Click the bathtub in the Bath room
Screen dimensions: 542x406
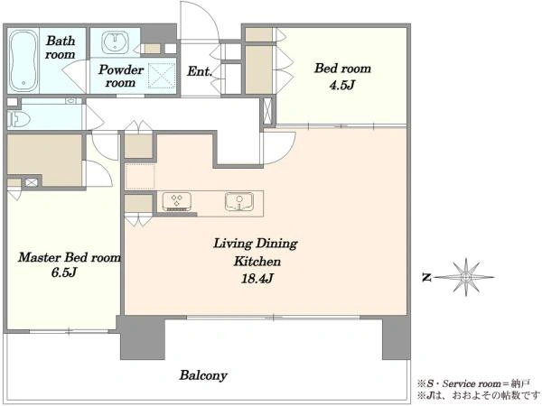point(23,61)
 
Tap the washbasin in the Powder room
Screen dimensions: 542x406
point(115,42)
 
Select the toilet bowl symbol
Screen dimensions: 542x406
point(19,119)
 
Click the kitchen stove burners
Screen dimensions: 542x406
point(177,201)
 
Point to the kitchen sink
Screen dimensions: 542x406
point(239,201)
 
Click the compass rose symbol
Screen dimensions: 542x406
point(466,277)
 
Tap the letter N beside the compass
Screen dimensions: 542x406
point(427,277)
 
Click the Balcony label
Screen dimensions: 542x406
point(203,375)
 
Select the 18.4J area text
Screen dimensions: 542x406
point(257,278)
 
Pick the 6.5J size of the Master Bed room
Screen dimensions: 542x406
point(64,272)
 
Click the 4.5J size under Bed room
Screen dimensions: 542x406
point(341,85)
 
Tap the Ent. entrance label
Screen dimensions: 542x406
point(200,71)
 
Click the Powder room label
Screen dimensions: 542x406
point(121,76)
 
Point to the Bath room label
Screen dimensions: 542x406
point(61,47)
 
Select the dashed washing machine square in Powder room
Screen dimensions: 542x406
point(162,76)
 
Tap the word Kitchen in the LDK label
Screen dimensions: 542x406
point(257,262)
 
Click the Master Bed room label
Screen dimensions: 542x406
point(70,257)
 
